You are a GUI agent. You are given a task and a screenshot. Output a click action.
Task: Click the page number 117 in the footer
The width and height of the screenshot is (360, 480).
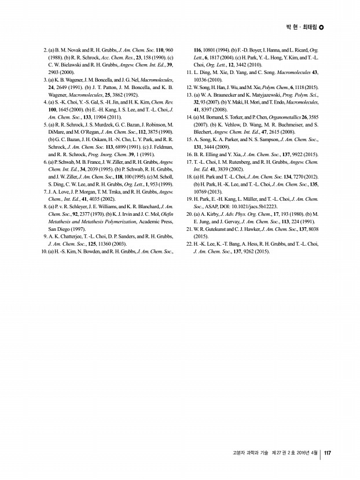pos(327,453)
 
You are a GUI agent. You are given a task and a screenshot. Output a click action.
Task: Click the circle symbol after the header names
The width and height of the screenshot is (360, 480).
pos(322,27)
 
